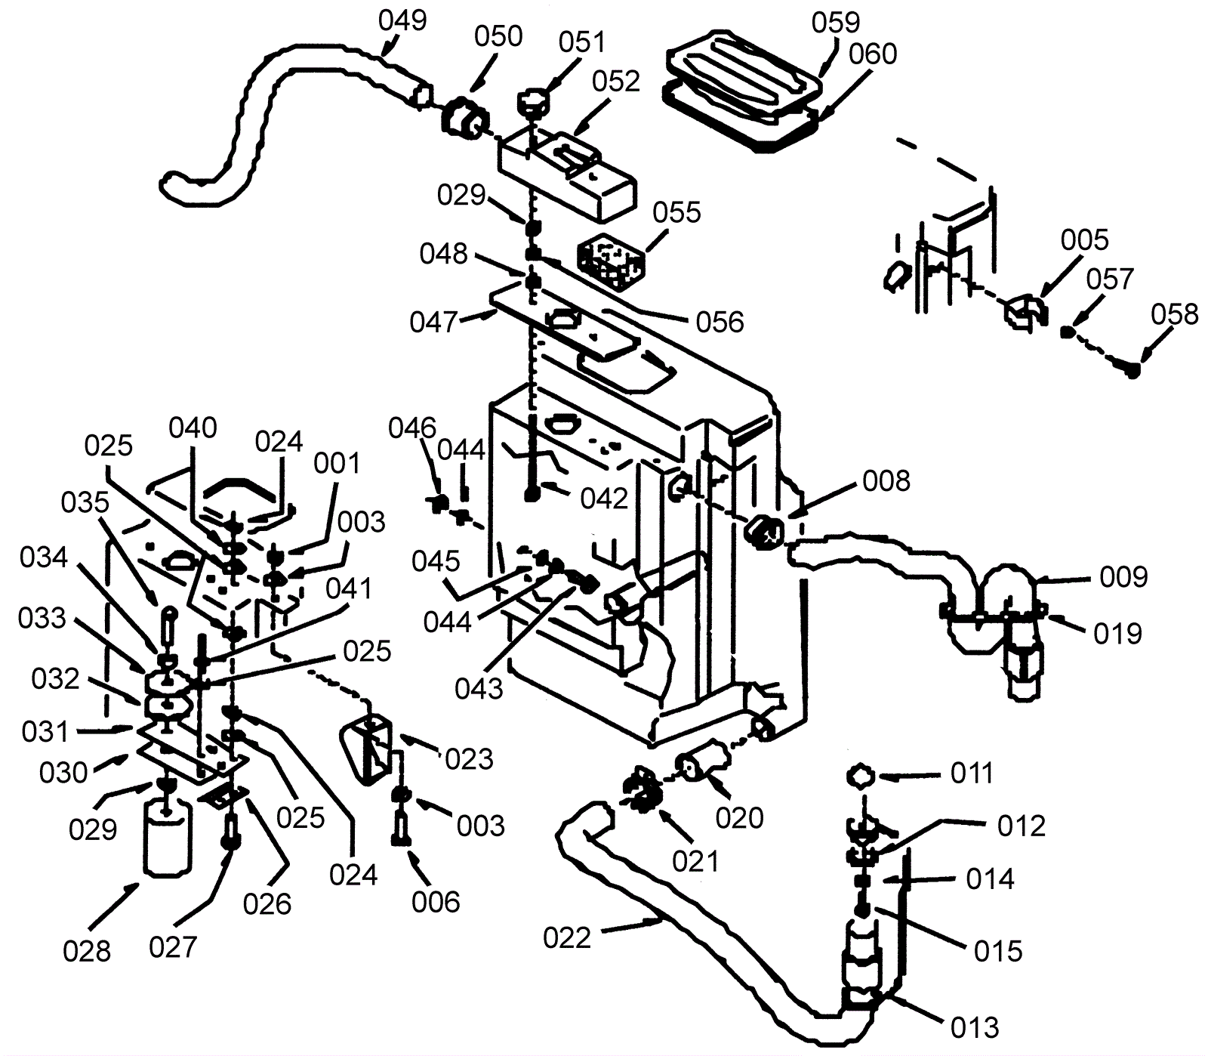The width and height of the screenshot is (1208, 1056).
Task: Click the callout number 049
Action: pos(402,20)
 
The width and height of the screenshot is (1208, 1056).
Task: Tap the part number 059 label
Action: pos(836,23)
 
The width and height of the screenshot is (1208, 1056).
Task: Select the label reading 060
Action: pos(873,54)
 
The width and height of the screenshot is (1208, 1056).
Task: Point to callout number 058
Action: pos(1175,313)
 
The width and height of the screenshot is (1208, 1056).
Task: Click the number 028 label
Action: pos(88,951)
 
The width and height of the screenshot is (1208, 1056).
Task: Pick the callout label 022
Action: pos(567,938)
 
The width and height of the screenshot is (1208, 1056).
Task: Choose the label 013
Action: pos(975,1027)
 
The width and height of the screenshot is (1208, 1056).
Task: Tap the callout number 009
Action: pos(1123,576)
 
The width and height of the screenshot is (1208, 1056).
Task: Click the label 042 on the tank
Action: pos(604,498)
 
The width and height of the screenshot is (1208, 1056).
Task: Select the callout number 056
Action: pos(720,322)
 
